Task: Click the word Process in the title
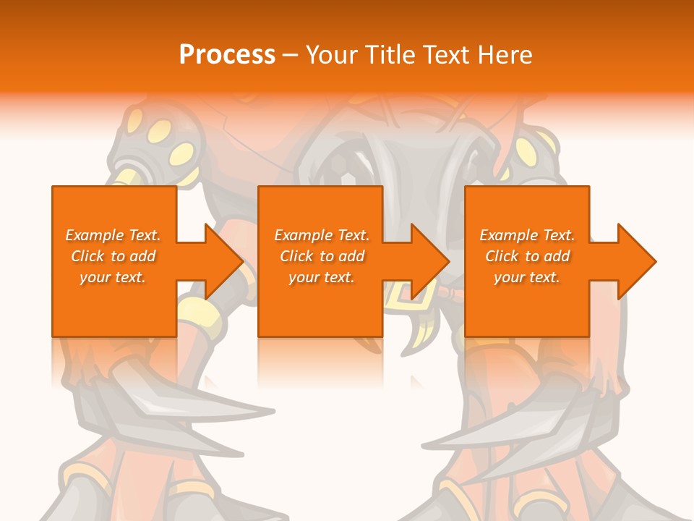227,55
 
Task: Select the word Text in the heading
450,55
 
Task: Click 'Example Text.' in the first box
113,235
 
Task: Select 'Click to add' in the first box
113,256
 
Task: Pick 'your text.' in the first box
113,277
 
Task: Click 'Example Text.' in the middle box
322,235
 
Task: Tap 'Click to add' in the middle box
322,256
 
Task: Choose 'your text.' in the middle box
322,277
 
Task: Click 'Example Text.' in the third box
527,235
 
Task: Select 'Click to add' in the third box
527,256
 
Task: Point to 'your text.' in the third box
527,277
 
